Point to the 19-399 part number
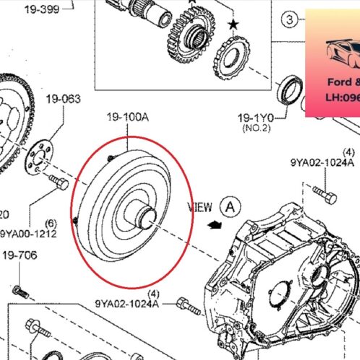tap(43, 9)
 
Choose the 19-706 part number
tap(19, 255)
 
